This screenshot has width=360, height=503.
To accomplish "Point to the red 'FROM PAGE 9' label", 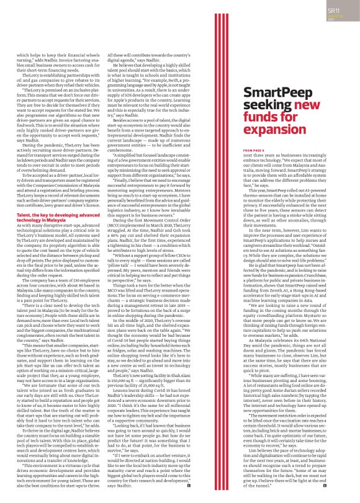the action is (x=254, y=150).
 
